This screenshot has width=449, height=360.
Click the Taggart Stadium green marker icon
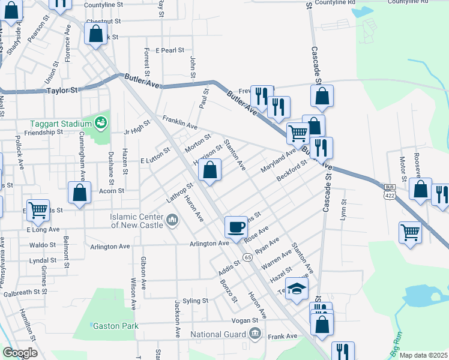101,124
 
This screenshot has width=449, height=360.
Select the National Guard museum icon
255,334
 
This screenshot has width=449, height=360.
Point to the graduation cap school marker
297,289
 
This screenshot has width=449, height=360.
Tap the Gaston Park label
115,326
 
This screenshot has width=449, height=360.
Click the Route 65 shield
247,257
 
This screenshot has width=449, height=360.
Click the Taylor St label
62,91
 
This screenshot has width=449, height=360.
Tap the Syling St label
196,300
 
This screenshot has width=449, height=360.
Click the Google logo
20,353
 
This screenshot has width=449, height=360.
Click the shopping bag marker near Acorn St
80,193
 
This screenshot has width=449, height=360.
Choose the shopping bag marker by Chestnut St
95,34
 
